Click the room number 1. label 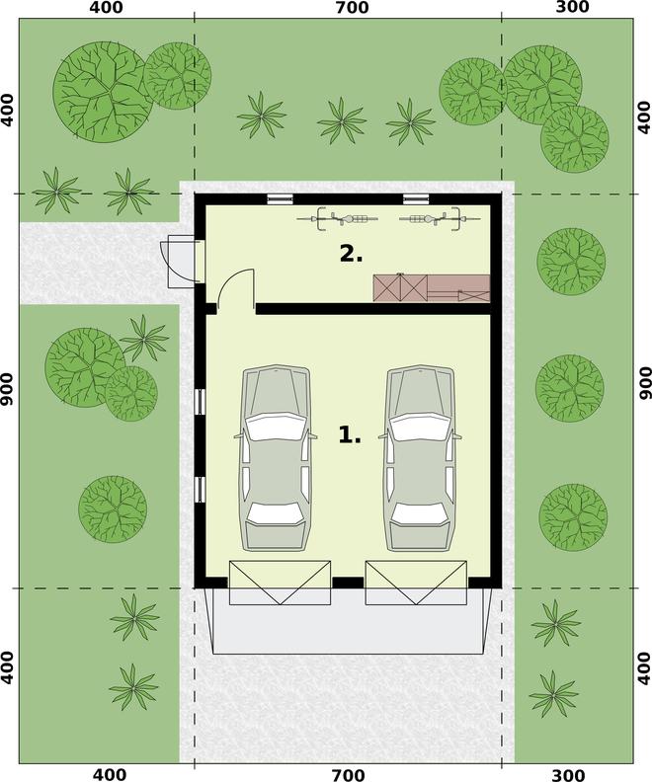coord(350,434)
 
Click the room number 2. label coord(352,254)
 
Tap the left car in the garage coord(276,457)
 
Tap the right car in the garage coord(420,457)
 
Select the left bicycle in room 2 coord(337,218)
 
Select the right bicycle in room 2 coord(440,218)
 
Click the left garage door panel coord(280,583)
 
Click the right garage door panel coord(416,583)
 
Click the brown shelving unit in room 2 coord(432,287)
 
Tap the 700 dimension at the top coord(353,8)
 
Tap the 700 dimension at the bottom coord(348,774)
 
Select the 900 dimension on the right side coord(645,383)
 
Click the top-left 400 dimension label coord(106,8)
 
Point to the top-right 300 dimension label coord(572,7)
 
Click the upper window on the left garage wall coord(200,402)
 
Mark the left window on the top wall coord(280,199)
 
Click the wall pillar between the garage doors coord(348,583)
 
